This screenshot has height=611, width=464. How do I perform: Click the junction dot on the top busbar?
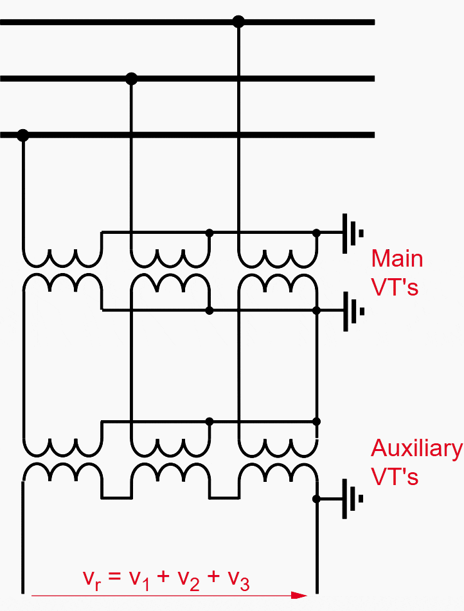click(x=238, y=22)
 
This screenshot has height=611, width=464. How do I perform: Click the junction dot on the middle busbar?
click(x=132, y=79)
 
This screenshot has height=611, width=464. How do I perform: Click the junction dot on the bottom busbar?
click(x=23, y=136)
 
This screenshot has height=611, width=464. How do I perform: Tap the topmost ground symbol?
click(x=352, y=233)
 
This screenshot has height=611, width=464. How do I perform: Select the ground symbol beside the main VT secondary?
click(x=352, y=311)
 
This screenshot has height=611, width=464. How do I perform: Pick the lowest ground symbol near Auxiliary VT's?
click(x=352, y=499)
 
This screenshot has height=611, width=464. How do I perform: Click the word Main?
click(x=397, y=259)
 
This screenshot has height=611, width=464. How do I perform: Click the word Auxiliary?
click(x=416, y=448)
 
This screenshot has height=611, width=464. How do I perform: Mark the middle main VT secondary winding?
click(x=170, y=283)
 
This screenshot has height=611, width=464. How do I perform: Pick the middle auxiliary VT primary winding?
click(x=170, y=447)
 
